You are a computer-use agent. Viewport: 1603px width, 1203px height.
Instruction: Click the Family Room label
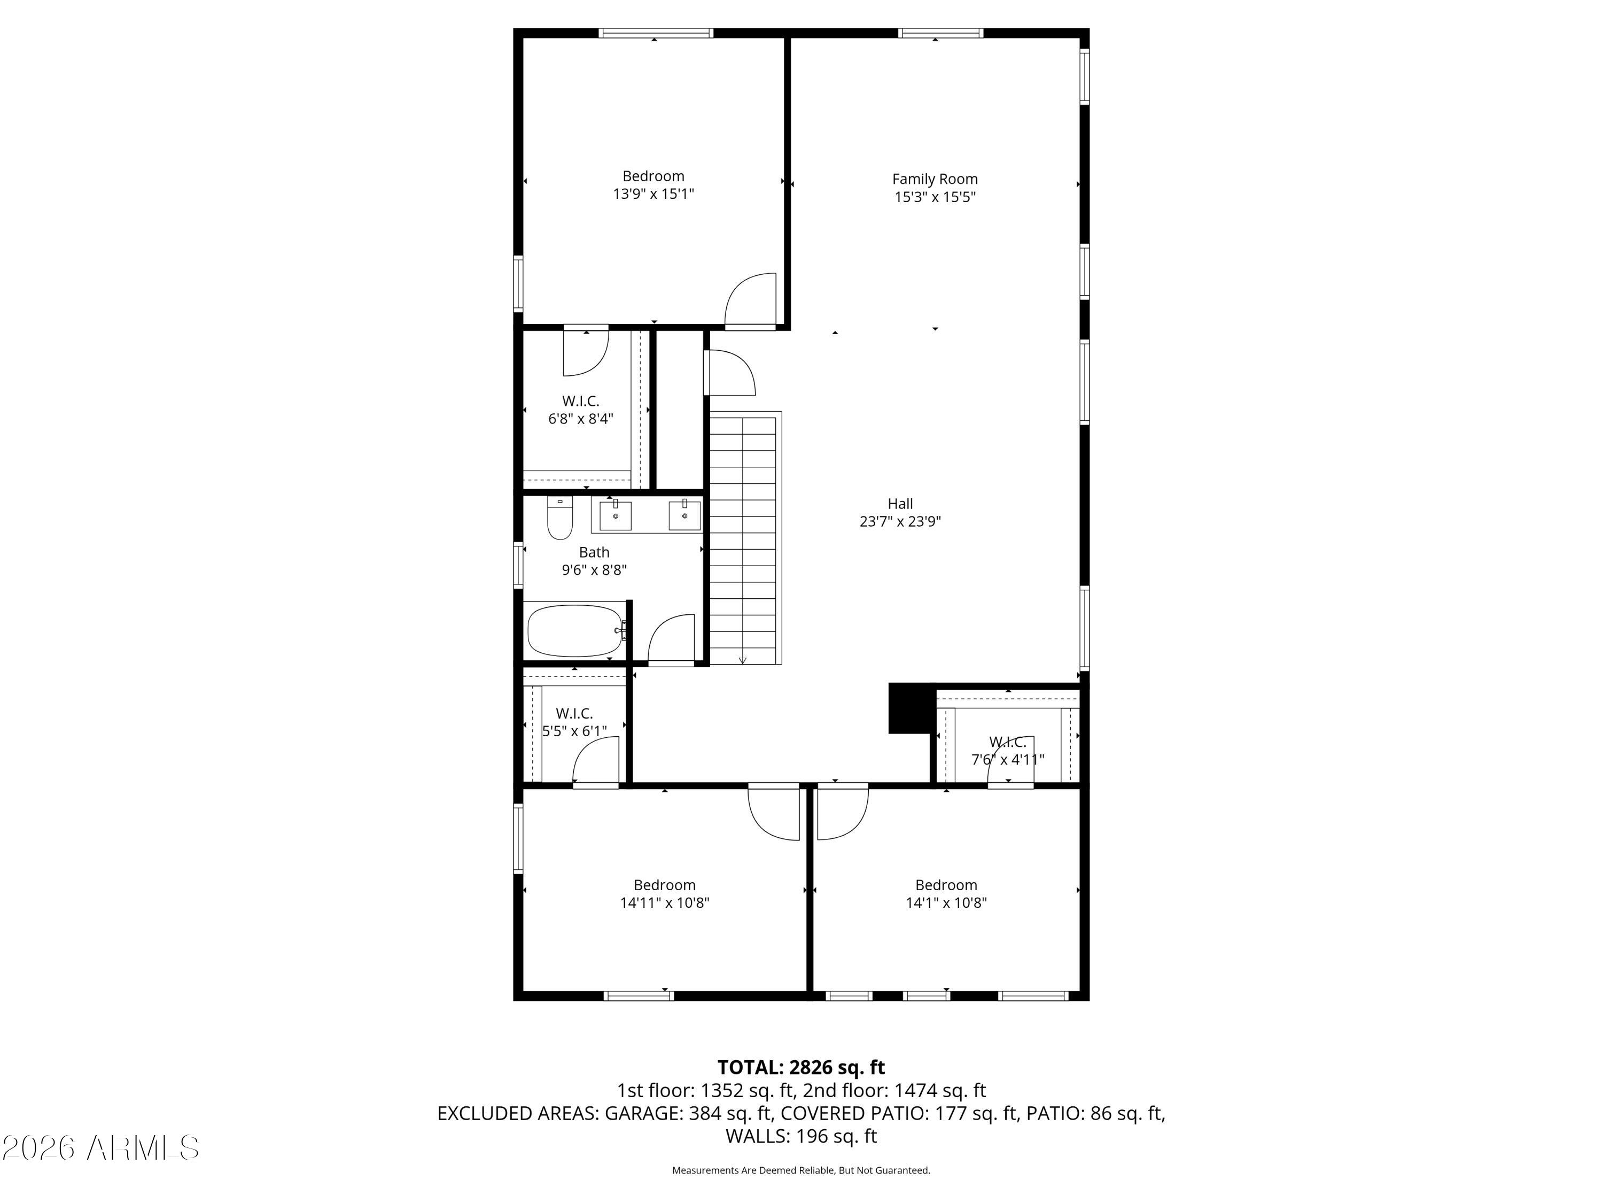coord(935,179)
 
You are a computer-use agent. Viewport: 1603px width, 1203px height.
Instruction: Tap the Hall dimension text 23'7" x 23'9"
coord(900,521)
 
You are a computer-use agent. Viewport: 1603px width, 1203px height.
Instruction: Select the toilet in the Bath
coord(559,518)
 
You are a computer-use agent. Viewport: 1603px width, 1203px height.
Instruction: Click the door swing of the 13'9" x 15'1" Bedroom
coord(751,299)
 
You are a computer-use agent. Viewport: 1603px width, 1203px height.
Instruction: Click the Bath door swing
coord(671,638)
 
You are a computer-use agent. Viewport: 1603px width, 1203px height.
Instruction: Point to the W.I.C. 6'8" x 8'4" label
coord(580,410)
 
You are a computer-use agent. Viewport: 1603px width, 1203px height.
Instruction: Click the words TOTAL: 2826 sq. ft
coord(801,1067)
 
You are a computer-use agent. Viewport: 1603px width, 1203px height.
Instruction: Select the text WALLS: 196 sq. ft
coord(801,1136)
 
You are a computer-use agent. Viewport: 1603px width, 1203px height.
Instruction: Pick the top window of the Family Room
coord(940,33)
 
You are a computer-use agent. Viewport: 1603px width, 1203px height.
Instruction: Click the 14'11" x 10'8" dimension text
coord(665,903)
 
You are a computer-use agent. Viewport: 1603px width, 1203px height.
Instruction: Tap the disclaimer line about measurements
coord(801,1170)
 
